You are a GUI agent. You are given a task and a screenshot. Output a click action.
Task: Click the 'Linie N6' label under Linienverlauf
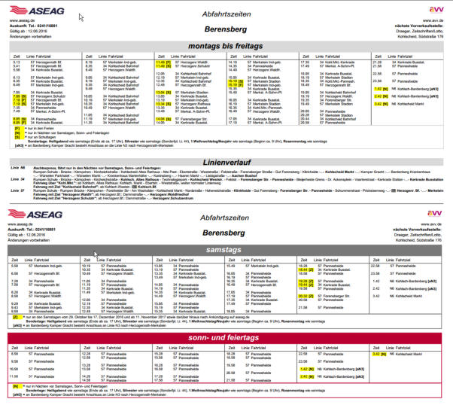coord(17,172)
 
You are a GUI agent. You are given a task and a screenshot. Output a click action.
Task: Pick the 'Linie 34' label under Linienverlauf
coord(17,181)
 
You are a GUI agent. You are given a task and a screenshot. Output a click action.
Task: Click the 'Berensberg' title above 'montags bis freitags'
coord(226,29)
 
